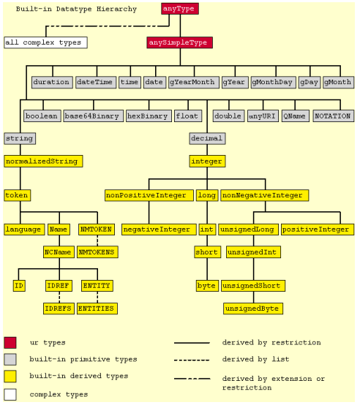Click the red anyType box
(180, 9)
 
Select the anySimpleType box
(180, 42)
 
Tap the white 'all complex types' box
(46, 42)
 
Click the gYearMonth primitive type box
(194, 83)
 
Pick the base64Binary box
(94, 116)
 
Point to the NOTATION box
(334, 116)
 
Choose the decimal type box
(207, 138)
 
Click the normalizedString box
(43, 161)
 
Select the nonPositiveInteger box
(149, 195)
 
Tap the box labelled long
(207, 195)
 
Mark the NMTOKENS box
(98, 252)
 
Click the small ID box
(19, 286)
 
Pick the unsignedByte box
(253, 309)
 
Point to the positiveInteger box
(318, 230)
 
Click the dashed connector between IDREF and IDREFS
(59, 297)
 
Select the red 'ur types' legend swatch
(10, 343)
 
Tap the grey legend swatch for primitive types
(10, 359)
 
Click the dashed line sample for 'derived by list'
(192, 360)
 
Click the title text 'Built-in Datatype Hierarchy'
(76, 9)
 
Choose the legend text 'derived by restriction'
(271, 342)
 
